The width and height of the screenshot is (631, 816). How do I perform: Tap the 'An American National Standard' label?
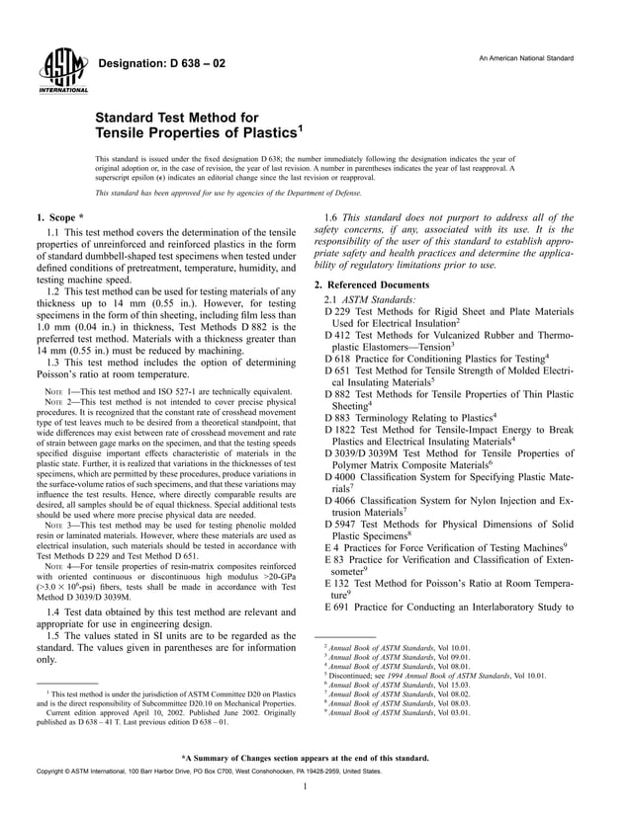coord(525,59)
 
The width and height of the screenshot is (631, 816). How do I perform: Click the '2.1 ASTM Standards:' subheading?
coord(370,298)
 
